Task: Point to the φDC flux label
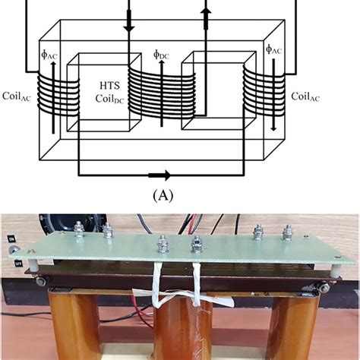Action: coord(161,55)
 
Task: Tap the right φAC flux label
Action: coord(273,49)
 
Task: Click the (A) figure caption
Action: coord(163,195)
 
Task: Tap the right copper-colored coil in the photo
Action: coord(292,330)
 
